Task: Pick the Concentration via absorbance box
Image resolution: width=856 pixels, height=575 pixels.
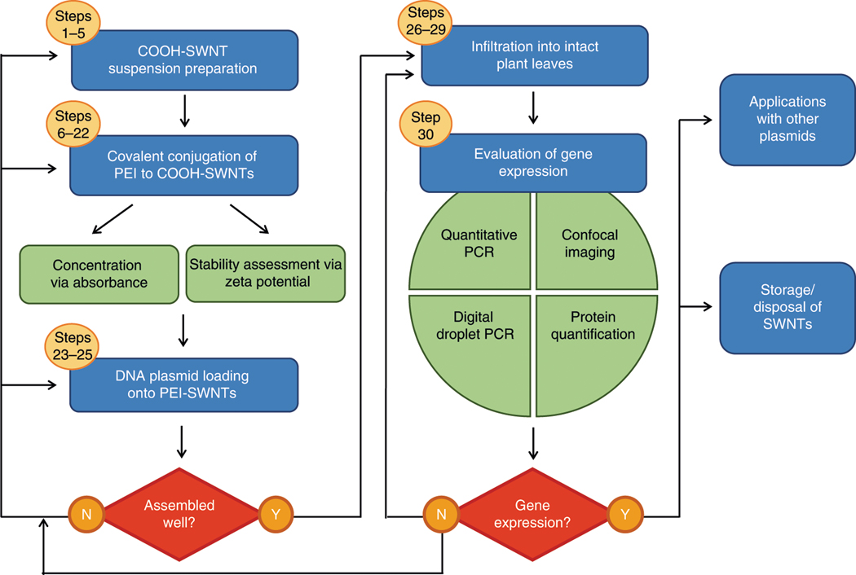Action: tap(97, 273)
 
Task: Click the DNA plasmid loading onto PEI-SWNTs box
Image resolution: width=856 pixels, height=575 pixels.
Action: tap(184, 384)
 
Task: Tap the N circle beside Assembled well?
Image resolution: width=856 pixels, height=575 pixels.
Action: tap(86, 515)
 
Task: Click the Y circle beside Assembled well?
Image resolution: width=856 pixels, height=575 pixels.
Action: tap(276, 515)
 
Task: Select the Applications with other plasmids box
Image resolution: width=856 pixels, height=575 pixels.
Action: tap(788, 120)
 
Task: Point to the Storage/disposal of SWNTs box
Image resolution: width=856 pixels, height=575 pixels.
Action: tap(788, 307)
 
